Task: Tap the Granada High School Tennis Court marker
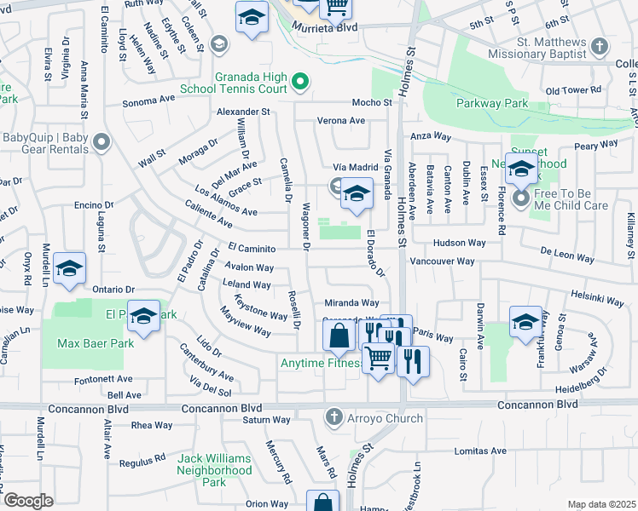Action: pos(299,82)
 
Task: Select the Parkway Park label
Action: pos(492,104)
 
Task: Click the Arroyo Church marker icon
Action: pos(335,417)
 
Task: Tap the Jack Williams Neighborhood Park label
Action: pos(214,464)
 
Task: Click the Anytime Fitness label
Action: pos(321,364)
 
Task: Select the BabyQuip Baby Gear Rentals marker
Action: pos(102,142)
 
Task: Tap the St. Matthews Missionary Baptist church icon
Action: pos(600,46)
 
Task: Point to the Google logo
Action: pos(28,500)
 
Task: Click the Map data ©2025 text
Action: pos(601,504)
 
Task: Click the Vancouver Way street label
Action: pos(442,261)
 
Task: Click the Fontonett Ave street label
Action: pos(103,379)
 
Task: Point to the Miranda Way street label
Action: pos(351,302)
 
